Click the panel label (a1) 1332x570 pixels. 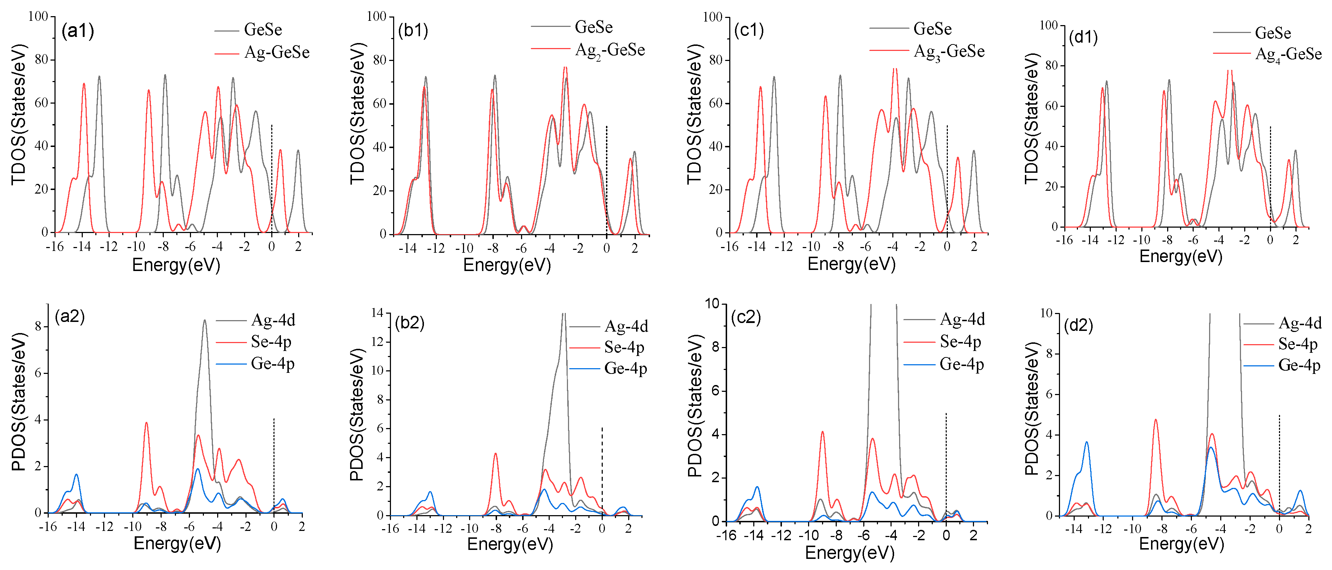tap(77, 31)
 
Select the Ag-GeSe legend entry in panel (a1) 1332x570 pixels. tap(276, 52)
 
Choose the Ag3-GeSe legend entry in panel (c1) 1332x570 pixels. tap(949, 52)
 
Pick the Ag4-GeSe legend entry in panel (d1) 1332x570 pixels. tap(1288, 54)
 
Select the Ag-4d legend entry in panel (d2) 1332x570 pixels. tap(1299, 323)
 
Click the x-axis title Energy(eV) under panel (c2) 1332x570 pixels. tap(850, 552)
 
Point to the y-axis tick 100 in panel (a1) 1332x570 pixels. tap(38, 16)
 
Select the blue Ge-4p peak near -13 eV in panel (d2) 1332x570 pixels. tap(1087, 442)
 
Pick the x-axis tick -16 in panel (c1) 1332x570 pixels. tap(729, 247)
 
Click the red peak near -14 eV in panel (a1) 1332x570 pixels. tap(84, 84)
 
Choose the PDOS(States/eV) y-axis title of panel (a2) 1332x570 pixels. tap(19, 402)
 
